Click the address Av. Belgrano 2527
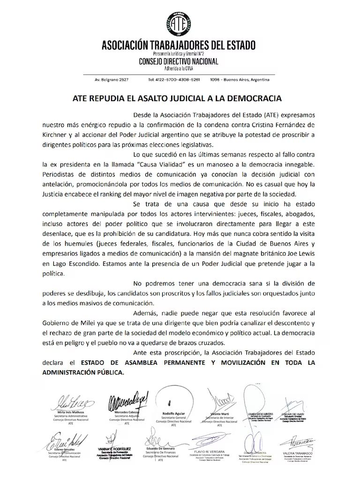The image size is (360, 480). coord(112,79)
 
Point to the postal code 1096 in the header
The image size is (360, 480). coord(216,79)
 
